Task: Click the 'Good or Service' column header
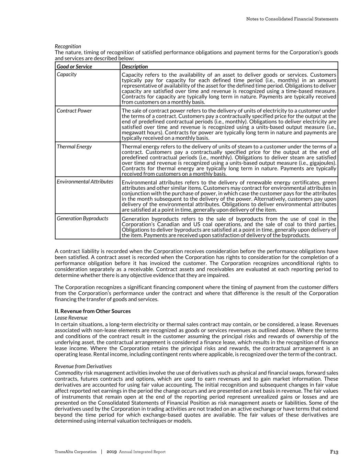(74, 66)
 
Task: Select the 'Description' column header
(135, 66)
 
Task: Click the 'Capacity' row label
(67, 74)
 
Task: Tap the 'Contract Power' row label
(74, 110)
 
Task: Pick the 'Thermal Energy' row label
(74, 146)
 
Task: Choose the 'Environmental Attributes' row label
(85, 181)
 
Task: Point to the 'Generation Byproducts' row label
(82, 218)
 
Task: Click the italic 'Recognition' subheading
(68, 46)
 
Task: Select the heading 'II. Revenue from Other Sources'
(93, 311)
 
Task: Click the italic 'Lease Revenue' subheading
(71, 317)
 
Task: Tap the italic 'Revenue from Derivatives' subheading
(83, 366)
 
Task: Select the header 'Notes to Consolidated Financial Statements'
(292, 19)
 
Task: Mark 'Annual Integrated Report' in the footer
(142, 452)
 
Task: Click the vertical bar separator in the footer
(102, 452)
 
